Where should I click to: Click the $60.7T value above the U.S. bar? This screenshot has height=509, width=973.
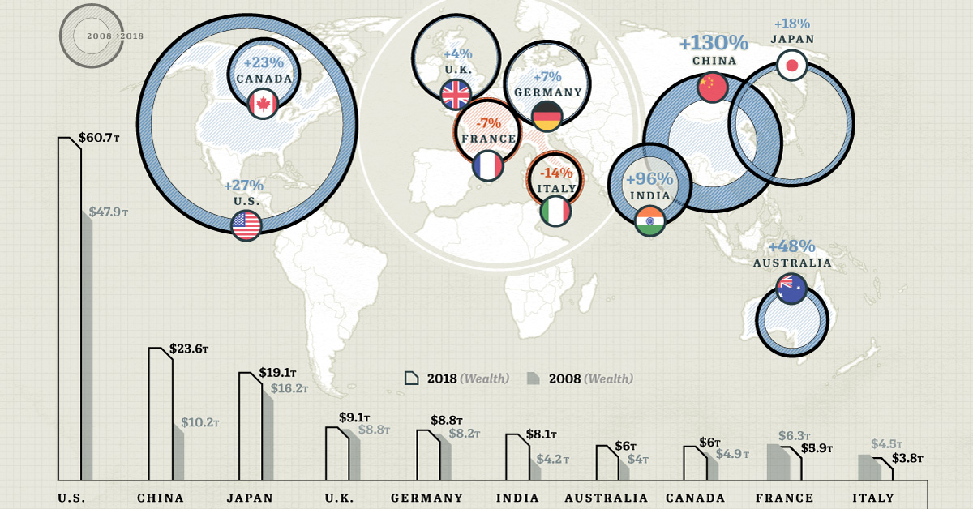99,139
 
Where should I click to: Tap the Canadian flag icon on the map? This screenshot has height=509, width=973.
263,104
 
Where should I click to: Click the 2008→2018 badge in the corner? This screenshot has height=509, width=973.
93,37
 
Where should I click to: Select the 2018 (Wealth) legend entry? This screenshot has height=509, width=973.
457,379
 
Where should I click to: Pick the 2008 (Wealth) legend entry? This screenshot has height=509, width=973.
580,379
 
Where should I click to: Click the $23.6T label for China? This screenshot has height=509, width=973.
189,350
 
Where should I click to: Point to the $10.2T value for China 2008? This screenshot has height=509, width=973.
199,422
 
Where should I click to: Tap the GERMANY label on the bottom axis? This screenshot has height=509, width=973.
426,498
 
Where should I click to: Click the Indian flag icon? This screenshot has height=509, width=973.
649,221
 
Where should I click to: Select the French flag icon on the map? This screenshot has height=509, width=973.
487,166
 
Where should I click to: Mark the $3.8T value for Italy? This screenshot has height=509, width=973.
907,459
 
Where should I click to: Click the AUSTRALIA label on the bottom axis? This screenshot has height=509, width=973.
607,498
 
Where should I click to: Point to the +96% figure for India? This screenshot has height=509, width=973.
649,178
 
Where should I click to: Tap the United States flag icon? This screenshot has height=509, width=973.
246,225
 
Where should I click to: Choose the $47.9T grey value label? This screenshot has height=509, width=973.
109,212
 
